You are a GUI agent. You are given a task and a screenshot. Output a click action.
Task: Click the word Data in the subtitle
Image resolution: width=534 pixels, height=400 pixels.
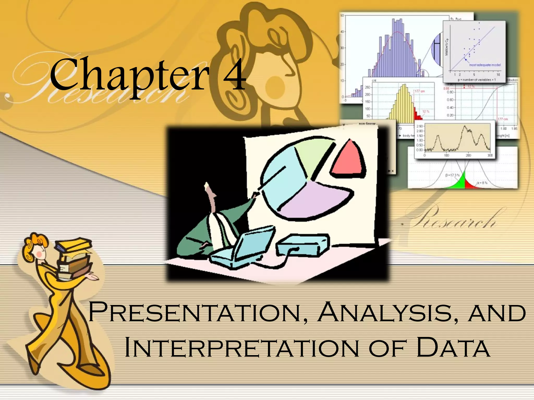453,347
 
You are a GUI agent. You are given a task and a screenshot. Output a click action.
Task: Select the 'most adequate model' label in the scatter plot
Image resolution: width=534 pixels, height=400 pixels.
485,65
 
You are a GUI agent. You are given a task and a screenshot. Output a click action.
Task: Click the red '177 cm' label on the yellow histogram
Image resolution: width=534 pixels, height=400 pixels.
420,91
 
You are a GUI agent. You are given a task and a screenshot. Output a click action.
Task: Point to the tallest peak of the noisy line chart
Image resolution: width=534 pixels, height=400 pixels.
465,127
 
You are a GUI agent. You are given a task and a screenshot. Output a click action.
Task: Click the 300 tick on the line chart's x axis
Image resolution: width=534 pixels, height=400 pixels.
490,155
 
